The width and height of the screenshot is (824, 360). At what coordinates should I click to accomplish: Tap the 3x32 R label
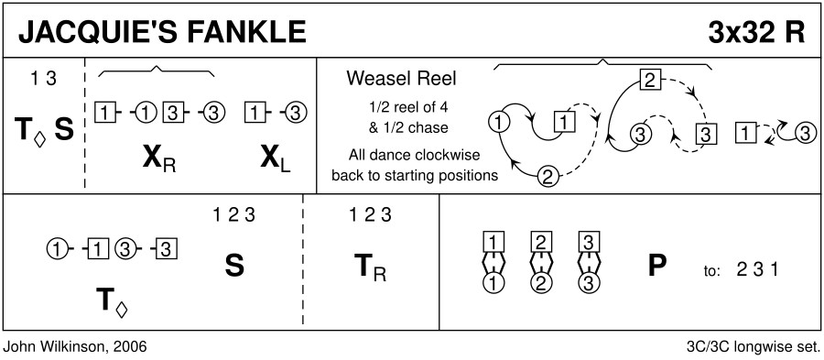click(x=756, y=32)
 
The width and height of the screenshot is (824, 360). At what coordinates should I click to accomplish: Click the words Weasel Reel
click(x=402, y=78)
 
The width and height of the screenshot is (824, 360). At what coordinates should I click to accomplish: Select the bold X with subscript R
click(x=158, y=160)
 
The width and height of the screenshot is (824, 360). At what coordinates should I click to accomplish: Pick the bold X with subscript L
click(x=276, y=160)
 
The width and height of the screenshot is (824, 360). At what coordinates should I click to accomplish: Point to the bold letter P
click(x=656, y=266)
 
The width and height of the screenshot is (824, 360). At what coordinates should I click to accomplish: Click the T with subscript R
click(x=371, y=267)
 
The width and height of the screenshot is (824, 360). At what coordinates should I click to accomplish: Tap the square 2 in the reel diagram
click(x=650, y=80)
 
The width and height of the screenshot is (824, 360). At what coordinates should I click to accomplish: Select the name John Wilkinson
click(x=51, y=347)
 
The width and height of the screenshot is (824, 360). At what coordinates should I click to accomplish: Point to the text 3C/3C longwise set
click(x=754, y=347)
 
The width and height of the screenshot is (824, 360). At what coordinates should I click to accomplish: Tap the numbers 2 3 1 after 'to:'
click(x=757, y=269)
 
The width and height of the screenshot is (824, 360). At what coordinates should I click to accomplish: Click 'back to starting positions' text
click(x=415, y=175)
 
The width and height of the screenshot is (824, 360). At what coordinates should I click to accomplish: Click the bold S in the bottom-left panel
click(x=234, y=266)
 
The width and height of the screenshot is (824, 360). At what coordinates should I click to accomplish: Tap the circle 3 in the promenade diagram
click(x=589, y=283)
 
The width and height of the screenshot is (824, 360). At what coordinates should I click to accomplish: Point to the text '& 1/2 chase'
click(x=402, y=128)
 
